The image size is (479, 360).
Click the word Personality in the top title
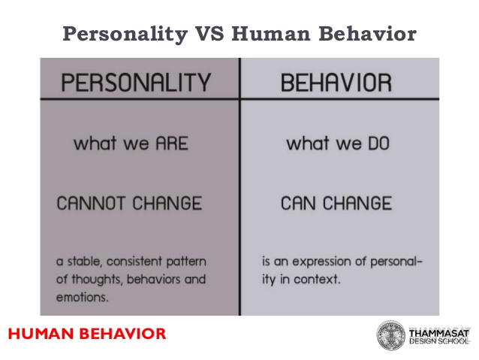(x=125, y=35)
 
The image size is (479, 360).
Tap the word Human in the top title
(x=271, y=33)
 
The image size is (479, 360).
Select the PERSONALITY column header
(x=136, y=82)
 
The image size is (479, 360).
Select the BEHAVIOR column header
(x=336, y=83)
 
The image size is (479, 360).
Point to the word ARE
(x=172, y=144)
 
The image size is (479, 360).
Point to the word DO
(x=379, y=144)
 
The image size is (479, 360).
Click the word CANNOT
(x=91, y=203)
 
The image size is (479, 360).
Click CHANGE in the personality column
(x=167, y=203)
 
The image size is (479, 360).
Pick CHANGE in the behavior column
(x=357, y=203)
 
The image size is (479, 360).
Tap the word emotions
(x=83, y=298)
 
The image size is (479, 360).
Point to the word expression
(x=322, y=262)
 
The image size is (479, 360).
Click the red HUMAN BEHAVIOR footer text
(x=87, y=334)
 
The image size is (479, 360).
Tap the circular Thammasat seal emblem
(x=390, y=335)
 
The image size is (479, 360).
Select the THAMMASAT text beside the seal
(x=439, y=333)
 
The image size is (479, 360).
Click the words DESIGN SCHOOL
(x=439, y=341)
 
